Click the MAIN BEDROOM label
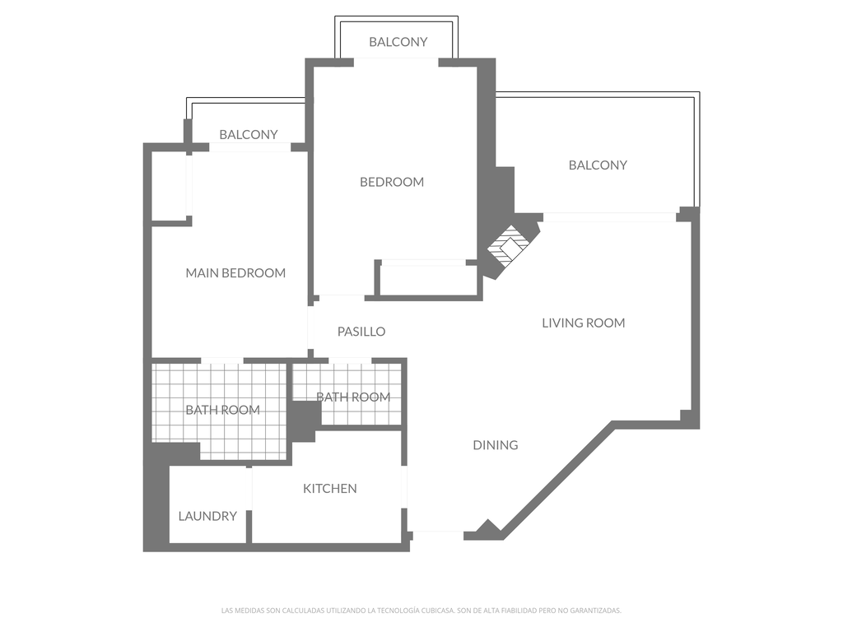(235, 273)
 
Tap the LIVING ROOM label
(584, 323)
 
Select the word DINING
(495, 445)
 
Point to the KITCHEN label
(329, 489)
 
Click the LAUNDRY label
(207, 516)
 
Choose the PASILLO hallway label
(361, 332)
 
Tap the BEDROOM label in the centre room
(392, 182)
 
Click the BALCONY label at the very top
(398, 42)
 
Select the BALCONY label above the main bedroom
(249, 134)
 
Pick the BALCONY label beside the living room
(598, 165)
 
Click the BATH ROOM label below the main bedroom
(222, 410)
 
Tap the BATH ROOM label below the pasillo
(353, 397)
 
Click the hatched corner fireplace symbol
(508, 245)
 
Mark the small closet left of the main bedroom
(169, 186)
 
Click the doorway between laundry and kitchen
(249, 489)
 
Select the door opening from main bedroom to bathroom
(222, 360)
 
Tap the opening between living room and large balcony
(609, 217)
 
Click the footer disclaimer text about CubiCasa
(421, 611)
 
